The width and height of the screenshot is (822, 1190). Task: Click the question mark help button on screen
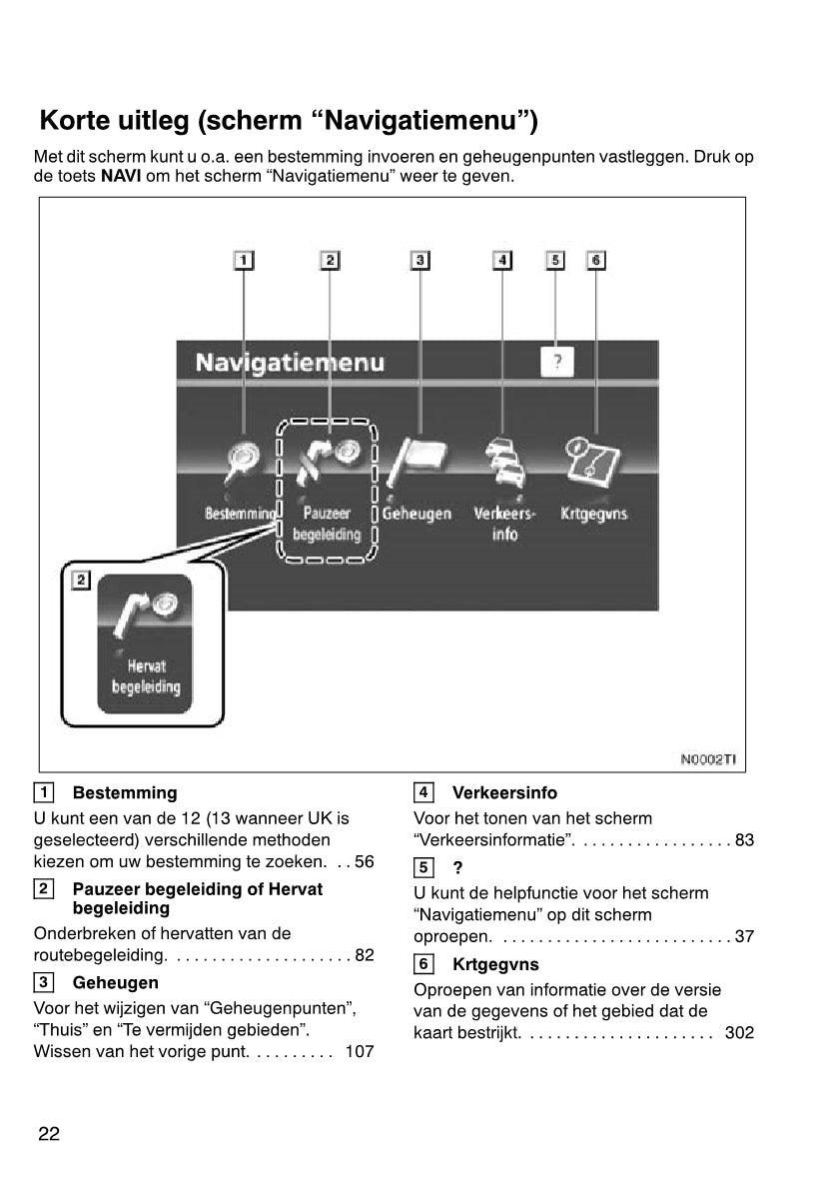point(557,362)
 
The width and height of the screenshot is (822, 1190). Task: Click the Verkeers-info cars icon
point(504,462)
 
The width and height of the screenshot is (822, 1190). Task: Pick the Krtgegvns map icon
point(593,461)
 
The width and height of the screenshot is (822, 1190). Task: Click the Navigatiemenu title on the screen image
point(290,362)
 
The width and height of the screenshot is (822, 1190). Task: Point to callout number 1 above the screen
point(244,260)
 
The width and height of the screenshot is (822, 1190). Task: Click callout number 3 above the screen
point(420,260)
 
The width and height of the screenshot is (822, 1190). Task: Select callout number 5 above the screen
point(555,260)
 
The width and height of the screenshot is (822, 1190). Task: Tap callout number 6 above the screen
point(595,260)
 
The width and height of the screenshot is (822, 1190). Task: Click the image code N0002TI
point(708,759)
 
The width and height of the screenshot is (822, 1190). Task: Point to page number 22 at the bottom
point(49,1133)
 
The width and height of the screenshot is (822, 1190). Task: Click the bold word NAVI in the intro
point(121,177)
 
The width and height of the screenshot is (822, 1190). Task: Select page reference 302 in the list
point(739,1032)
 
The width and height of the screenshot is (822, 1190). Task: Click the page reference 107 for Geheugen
point(359,1051)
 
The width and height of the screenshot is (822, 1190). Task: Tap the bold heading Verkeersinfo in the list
point(504,792)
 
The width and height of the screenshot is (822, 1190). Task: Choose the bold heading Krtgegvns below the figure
point(495,964)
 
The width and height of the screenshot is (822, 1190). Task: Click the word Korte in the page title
point(74,121)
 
